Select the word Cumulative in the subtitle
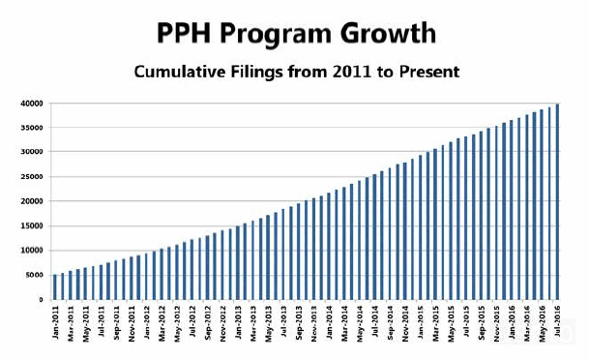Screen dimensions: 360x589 pyautogui.click(x=178, y=72)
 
